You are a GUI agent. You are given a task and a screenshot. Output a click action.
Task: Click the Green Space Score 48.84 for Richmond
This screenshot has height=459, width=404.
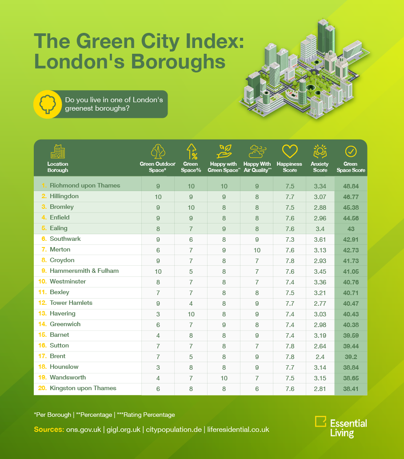click(351, 186)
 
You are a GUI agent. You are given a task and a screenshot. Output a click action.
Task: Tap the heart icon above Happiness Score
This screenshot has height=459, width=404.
click(290, 151)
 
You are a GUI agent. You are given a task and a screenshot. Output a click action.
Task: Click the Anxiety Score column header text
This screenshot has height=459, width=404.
click(320, 167)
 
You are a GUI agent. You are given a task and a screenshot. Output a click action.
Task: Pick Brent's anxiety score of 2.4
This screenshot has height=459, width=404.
click(320, 356)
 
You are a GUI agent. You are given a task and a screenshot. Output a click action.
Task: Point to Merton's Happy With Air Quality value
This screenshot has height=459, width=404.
click(257, 250)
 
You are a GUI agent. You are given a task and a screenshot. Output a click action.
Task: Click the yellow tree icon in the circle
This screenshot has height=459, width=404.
click(46, 104)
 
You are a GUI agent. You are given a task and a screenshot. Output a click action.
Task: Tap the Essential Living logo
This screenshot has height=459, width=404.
click(340, 427)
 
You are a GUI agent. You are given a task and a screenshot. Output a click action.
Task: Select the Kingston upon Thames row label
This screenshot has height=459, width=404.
click(83, 388)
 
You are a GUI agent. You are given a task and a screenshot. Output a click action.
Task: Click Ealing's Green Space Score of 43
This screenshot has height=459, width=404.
click(351, 228)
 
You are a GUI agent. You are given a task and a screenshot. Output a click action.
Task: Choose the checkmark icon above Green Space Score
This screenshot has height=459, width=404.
click(351, 151)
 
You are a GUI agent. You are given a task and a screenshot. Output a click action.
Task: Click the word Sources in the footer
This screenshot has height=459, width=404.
click(48, 430)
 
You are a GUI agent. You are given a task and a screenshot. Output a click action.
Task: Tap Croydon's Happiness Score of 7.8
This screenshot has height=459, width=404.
click(290, 260)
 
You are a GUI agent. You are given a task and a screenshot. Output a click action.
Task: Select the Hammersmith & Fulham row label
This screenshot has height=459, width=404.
click(84, 271)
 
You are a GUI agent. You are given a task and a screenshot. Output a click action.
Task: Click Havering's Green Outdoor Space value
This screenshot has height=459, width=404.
click(158, 314)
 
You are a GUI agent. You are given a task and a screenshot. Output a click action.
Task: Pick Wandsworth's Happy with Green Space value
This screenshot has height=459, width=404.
click(224, 378)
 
